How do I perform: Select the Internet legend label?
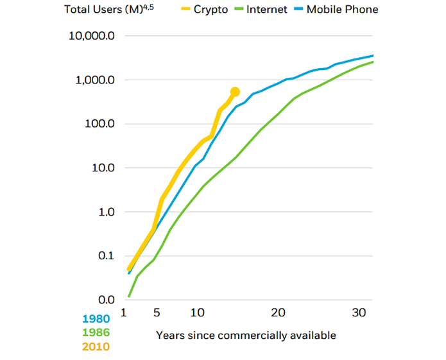coord(266,10)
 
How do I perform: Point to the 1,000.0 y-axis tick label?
coord(94,80)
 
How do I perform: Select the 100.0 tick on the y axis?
coord(99,124)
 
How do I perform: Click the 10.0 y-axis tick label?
coord(102,168)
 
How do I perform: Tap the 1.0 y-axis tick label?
coord(105,212)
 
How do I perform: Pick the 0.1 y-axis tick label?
coord(105,256)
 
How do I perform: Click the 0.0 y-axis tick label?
coord(105,300)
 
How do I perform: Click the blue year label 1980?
coord(96,318)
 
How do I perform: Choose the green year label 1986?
coord(96,332)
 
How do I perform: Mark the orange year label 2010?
coord(96,347)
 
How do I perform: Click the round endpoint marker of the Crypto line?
coord(235,92)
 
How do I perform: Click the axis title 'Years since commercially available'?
coord(246,335)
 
